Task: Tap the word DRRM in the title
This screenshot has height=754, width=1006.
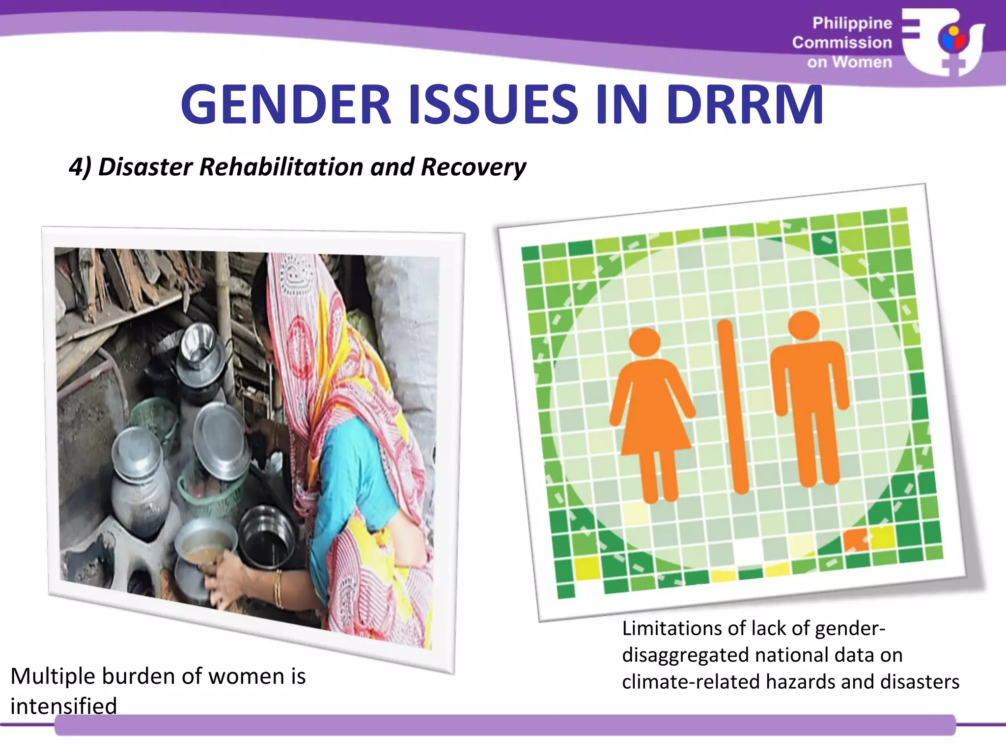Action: [745, 105]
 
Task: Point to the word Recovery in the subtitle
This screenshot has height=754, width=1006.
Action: [473, 167]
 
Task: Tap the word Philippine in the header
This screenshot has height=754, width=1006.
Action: [852, 23]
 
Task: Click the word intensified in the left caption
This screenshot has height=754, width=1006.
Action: [64, 706]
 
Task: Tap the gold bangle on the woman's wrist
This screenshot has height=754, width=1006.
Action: [279, 589]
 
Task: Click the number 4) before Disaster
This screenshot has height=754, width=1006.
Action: [80, 167]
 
